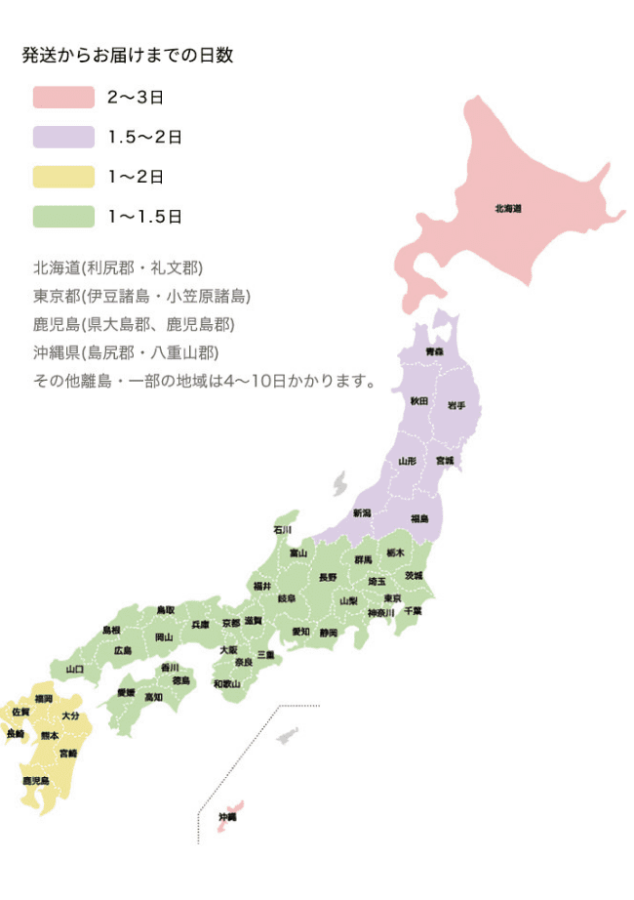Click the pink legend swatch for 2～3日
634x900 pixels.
[x=63, y=98]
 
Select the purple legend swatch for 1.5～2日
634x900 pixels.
[x=63, y=138]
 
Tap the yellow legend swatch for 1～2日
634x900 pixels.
[x=63, y=177]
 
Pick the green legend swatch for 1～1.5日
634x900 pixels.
[x=63, y=217]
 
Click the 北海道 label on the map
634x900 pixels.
[x=508, y=208]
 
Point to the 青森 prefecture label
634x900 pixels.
[x=434, y=350]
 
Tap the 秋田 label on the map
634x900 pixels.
[x=418, y=401]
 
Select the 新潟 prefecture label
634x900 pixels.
[x=362, y=512]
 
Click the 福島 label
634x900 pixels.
[x=419, y=518]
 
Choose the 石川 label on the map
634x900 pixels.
[x=282, y=530]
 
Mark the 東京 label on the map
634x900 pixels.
[x=392, y=597]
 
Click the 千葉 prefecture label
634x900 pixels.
[x=413, y=610]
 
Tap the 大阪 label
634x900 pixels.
[x=228, y=649]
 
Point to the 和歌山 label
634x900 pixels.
[x=226, y=684]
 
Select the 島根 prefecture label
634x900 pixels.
[x=111, y=630]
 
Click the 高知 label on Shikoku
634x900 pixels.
[x=153, y=697]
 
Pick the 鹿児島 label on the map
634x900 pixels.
[x=36, y=781]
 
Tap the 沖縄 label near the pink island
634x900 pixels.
[x=227, y=816]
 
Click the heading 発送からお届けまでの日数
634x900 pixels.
[x=128, y=56]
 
